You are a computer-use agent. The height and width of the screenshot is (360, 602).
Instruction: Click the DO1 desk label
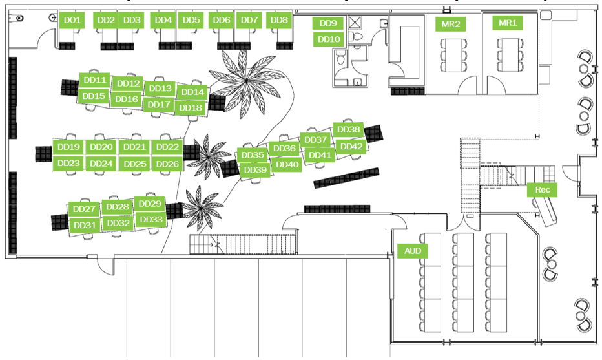(72, 21)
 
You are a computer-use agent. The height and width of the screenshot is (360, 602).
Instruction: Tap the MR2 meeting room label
(450, 25)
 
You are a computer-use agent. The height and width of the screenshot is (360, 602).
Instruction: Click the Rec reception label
(542, 190)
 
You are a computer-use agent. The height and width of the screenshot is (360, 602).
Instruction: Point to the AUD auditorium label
(412, 251)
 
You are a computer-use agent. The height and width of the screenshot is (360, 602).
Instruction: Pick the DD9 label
(329, 23)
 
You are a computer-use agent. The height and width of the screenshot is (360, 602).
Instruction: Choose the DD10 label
(329, 39)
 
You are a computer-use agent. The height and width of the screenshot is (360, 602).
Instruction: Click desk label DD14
(192, 92)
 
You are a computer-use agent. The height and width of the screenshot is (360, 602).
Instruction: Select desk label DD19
(68, 147)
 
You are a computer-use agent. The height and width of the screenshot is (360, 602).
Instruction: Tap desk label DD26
(167, 164)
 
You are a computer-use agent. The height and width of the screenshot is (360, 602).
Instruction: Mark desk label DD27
(84, 209)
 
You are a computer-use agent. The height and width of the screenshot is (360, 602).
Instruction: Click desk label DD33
(150, 220)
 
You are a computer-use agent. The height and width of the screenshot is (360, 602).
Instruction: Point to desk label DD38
(349, 130)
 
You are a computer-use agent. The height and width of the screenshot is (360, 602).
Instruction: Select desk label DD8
(279, 21)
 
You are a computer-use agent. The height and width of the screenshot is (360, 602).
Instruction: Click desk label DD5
(191, 21)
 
